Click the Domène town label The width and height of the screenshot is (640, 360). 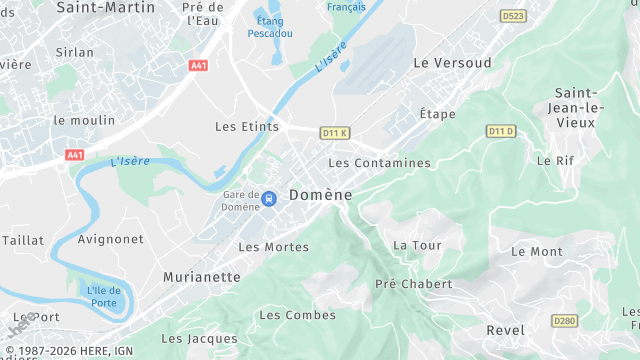[320, 195]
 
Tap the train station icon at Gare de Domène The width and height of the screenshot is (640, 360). [268, 199]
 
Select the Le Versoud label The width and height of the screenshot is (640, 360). [452, 63]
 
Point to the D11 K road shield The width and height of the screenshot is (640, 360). [334, 132]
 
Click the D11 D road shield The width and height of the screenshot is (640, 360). [500, 131]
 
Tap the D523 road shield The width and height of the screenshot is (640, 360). [512, 16]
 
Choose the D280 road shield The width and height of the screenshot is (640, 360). [564, 321]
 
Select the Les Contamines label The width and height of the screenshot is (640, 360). [379, 163]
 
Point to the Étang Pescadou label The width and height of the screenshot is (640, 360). [269, 26]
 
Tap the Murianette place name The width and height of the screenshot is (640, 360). [202, 276]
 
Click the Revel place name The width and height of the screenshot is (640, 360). [504, 330]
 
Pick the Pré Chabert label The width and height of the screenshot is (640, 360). [413, 284]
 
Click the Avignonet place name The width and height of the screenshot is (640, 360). [110, 240]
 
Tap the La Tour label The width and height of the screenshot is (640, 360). [417, 245]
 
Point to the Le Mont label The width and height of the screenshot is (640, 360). [536, 252]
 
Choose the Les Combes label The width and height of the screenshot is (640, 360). [283, 315]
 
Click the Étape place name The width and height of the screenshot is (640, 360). [437, 114]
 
